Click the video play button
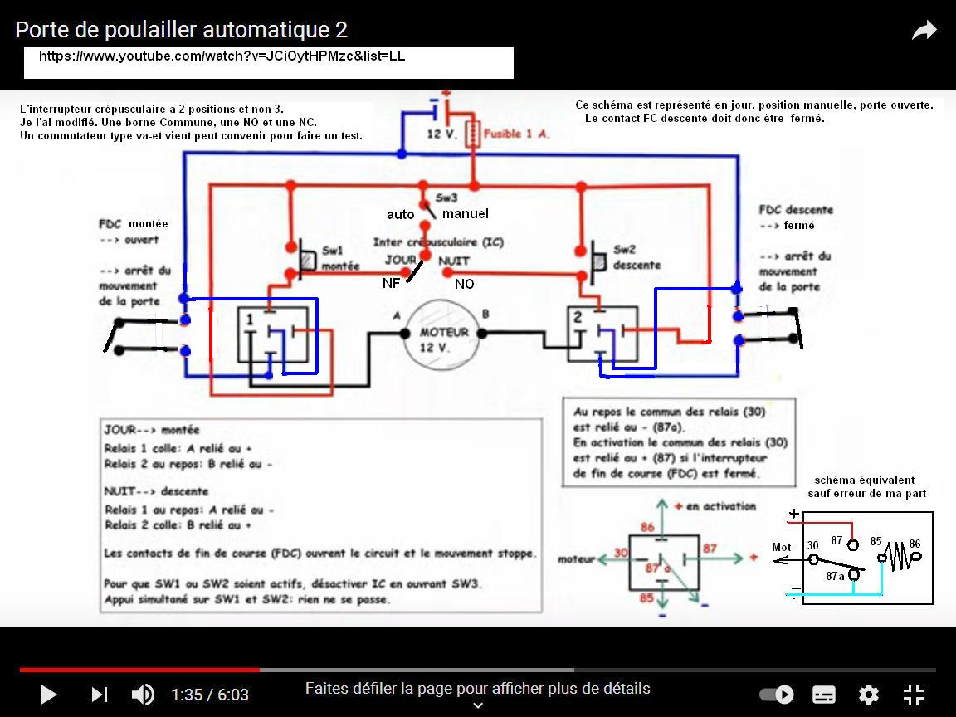click(48, 695)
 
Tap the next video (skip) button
click(100, 695)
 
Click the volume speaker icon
click(143, 695)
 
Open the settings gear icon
click(868, 695)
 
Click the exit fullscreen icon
click(913, 695)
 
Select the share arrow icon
click(924, 32)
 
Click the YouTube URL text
click(222, 56)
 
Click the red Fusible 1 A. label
click(516, 133)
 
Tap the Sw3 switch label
click(446, 198)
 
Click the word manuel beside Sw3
click(465, 214)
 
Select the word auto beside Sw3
click(400, 215)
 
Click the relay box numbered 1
click(272, 334)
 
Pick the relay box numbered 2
click(602, 334)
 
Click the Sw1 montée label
click(340, 258)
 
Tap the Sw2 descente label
click(637, 257)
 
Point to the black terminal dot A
click(405, 334)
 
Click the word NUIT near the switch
click(454, 261)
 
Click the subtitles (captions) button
click(823, 695)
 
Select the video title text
click(181, 30)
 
